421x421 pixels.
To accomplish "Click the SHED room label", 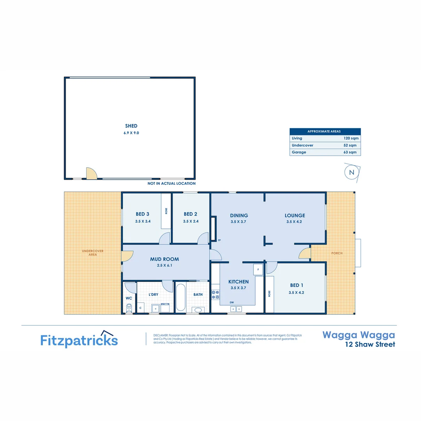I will (131, 126).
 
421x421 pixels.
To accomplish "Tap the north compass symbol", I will (352, 172).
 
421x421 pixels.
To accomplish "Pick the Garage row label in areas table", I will (299, 152).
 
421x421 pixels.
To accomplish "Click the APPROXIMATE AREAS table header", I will (325, 131).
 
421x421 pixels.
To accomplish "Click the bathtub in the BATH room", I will (180, 298).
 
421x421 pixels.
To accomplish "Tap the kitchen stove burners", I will (215, 294).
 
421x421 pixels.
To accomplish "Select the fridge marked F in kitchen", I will (258, 269).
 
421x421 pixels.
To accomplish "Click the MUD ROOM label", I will (165, 259).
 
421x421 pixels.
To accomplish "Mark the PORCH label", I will (337, 253).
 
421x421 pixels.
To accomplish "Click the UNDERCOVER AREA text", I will (92, 253).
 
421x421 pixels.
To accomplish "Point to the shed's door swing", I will (91, 174).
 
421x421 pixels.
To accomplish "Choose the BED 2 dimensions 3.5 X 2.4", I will (191, 221).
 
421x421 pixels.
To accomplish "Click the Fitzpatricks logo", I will (79, 339).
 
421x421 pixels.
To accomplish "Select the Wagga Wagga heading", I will (358, 335).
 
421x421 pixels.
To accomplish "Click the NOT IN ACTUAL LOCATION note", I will (171, 184).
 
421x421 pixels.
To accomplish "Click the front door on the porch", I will (304, 254).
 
